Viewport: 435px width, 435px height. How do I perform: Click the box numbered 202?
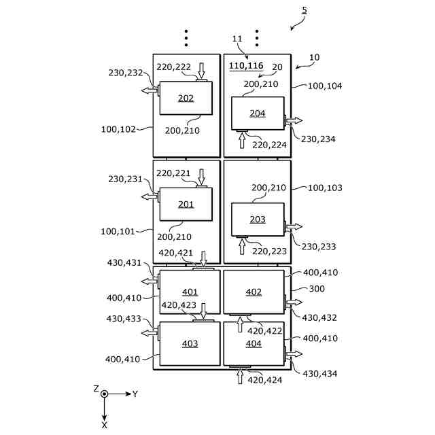pos(186,98)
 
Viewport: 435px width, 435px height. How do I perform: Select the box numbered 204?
pos(257,113)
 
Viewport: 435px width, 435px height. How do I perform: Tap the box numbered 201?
pos(186,204)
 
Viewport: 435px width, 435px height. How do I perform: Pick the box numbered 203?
pos(257,219)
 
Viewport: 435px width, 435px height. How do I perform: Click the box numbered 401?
pos(190,292)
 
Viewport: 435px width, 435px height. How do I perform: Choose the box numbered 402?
pos(254,292)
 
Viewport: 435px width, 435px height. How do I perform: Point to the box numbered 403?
pos(190,343)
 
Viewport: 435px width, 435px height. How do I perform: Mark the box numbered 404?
pos(254,343)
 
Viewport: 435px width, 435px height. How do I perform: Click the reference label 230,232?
pos(126,73)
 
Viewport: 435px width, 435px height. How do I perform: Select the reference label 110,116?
pos(246,65)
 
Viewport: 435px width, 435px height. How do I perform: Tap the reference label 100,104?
pos(325,86)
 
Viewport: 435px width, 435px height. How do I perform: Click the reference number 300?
pos(317,289)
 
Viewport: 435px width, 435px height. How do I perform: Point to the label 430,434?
pos(319,373)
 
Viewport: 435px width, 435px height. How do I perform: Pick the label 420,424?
pos(264,380)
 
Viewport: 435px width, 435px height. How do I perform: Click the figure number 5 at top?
pos(304,10)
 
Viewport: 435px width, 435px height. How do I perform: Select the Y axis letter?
pos(135,394)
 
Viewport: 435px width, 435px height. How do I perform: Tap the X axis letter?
pos(104,424)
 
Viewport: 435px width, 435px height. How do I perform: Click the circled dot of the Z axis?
pos(104,394)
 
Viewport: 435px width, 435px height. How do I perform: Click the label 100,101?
pos(118,231)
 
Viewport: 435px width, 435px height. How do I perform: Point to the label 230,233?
pos(318,247)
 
